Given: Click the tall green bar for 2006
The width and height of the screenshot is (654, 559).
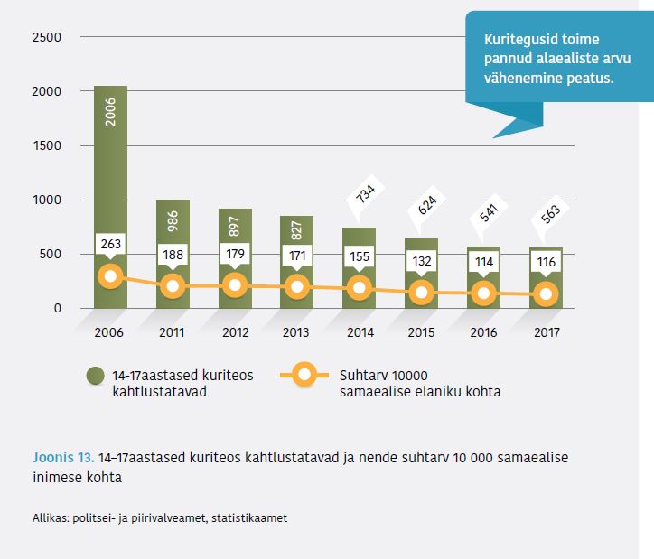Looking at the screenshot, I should pos(110,181).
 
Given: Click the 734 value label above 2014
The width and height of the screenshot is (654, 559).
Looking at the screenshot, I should pos(361,195).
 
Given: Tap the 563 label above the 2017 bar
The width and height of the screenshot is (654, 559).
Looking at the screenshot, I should pos(548,214).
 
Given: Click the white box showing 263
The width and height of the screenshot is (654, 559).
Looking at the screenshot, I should pos(110,243).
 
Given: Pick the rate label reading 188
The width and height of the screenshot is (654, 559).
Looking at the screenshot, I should pos(173,255).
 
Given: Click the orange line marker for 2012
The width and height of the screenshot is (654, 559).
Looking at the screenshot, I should pos(235,285).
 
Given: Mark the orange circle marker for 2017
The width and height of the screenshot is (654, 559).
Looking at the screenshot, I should pos(547,293).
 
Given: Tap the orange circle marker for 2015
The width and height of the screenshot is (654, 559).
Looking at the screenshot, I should pos(423,292).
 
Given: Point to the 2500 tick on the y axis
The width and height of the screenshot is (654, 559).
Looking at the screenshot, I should pos(46,37).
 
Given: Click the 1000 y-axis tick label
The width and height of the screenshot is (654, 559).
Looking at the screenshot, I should pos(46,200).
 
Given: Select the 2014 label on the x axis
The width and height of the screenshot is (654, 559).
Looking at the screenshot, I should pos(360,331).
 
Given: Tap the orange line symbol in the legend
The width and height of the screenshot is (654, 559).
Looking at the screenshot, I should pos(304,375).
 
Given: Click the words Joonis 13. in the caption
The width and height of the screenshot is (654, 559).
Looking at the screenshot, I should pos(63,457).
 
